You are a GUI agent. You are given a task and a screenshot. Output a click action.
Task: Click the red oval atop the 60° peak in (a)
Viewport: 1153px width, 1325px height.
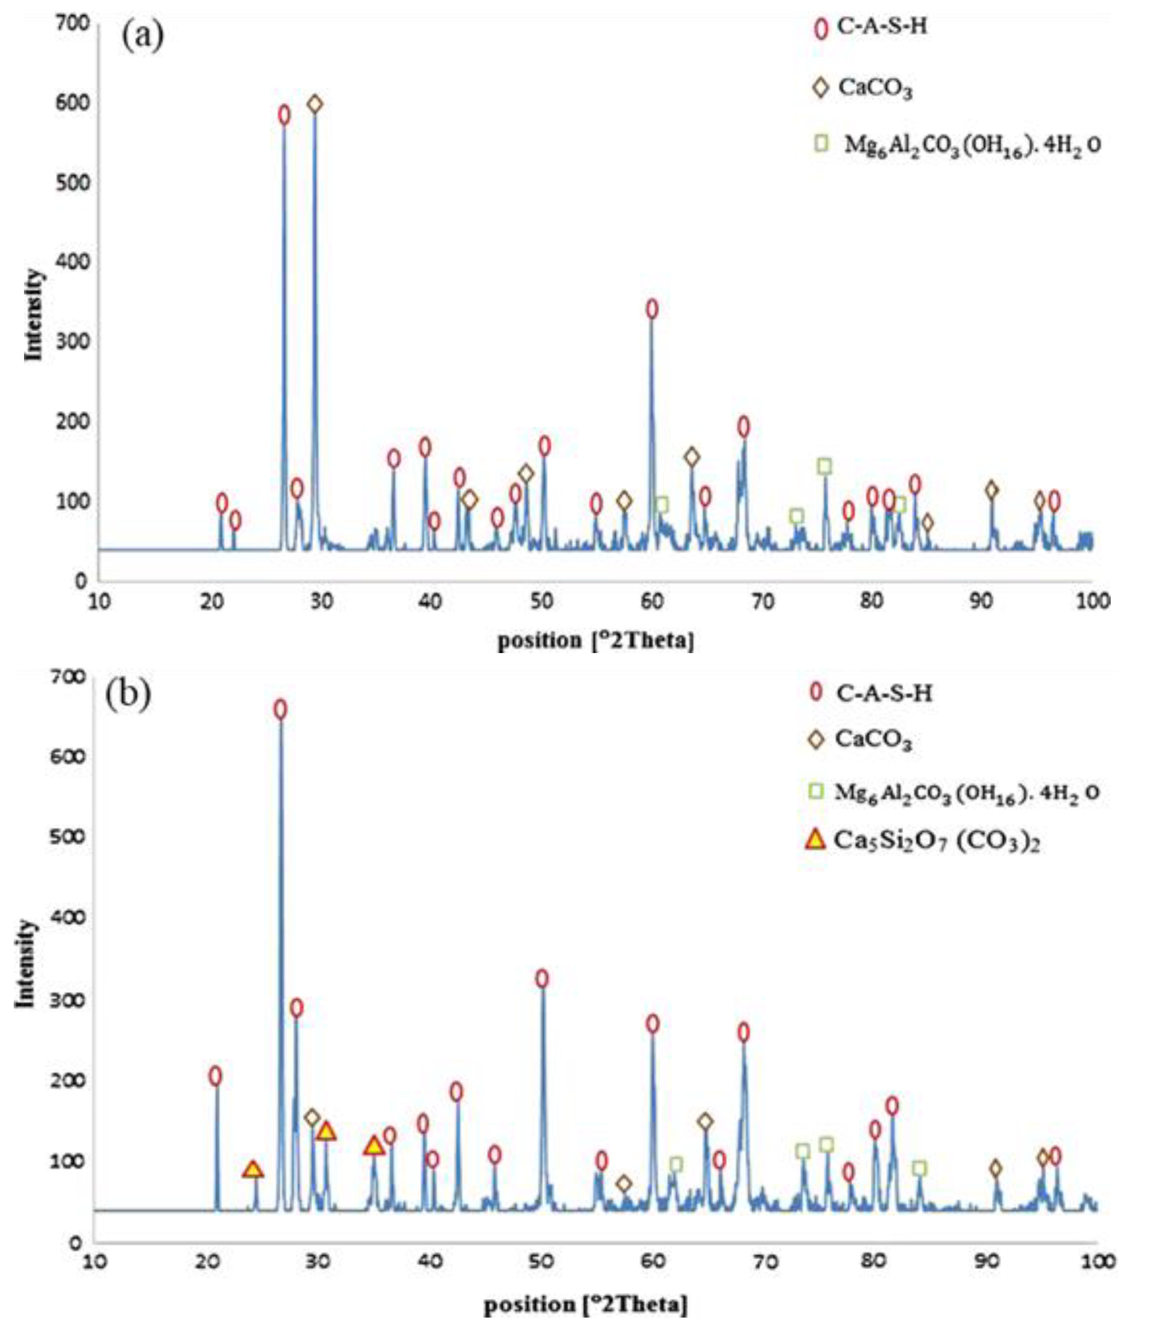pos(652,309)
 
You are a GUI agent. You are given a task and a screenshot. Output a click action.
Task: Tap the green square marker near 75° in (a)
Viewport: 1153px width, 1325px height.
pos(825,466)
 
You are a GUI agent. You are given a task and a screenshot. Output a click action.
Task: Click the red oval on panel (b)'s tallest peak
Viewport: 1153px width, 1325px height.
pos(280,710)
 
